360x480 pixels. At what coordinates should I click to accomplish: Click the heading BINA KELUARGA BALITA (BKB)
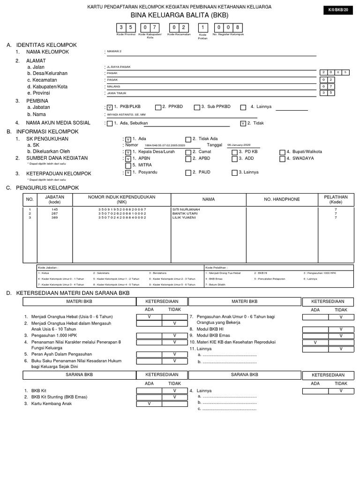point(180,15)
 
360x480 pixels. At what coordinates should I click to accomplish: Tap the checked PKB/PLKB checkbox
point(110,107)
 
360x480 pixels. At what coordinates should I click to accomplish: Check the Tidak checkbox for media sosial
point(242,124)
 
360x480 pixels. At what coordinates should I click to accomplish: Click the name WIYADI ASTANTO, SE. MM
point(127,114)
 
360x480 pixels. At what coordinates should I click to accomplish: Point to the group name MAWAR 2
point(114,51)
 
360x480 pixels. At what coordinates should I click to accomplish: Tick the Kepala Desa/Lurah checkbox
point(128,152)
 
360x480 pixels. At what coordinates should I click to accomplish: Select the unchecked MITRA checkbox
point(128,165)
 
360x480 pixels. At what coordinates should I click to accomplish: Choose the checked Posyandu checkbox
point(128,173)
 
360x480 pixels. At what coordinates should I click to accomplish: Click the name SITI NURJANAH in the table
point(186,209)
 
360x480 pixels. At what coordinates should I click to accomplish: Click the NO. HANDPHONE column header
point(282,199)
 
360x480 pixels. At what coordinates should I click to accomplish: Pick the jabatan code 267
point(55,213)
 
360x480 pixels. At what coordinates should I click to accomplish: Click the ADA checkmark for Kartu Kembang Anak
point(149,403)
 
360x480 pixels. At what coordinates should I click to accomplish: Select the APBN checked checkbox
point(128,159)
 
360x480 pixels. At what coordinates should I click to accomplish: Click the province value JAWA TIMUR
point(117,93)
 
